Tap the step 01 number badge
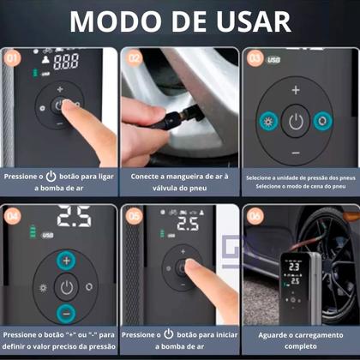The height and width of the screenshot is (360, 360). [x=11, y=58]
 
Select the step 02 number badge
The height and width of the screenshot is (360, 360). [x=133, y=58]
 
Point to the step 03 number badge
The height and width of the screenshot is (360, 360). [x=255, y=58]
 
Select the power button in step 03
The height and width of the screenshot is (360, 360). [x=296, y=121]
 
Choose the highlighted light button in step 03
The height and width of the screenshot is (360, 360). [x=268, y=121]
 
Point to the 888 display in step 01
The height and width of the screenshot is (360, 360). [x=66, y=62]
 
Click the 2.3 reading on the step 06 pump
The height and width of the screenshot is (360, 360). [x=292, y=267]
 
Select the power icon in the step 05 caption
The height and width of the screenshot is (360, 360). [x=168, y=335]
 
